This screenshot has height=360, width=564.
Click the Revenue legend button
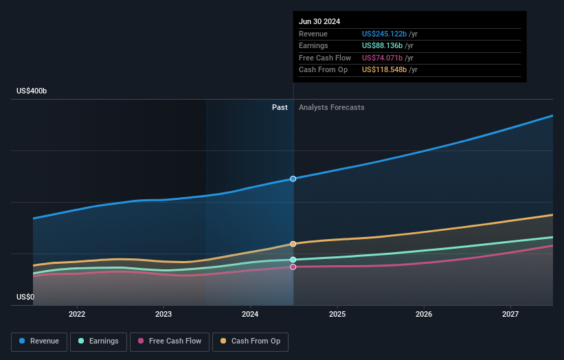39,341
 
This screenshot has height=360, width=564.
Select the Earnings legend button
98,341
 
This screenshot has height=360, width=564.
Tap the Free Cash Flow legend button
170,341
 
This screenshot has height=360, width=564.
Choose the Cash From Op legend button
251,341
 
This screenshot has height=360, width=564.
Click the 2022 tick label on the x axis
77,314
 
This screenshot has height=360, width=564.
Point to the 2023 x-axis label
163,314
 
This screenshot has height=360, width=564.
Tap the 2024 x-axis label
250,314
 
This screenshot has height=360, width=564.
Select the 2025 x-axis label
337,314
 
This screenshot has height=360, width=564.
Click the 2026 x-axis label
424,314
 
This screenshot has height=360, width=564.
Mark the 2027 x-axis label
510,314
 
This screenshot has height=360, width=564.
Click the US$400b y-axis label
32,91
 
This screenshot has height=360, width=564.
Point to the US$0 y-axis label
25,297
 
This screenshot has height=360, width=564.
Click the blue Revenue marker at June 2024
293,179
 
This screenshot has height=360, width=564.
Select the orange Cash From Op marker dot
293,244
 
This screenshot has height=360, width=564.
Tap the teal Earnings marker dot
293,260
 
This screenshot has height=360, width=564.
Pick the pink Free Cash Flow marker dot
293,267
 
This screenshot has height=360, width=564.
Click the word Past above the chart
280,108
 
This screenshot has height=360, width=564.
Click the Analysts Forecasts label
331,108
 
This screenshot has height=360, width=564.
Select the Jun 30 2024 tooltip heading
319,22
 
